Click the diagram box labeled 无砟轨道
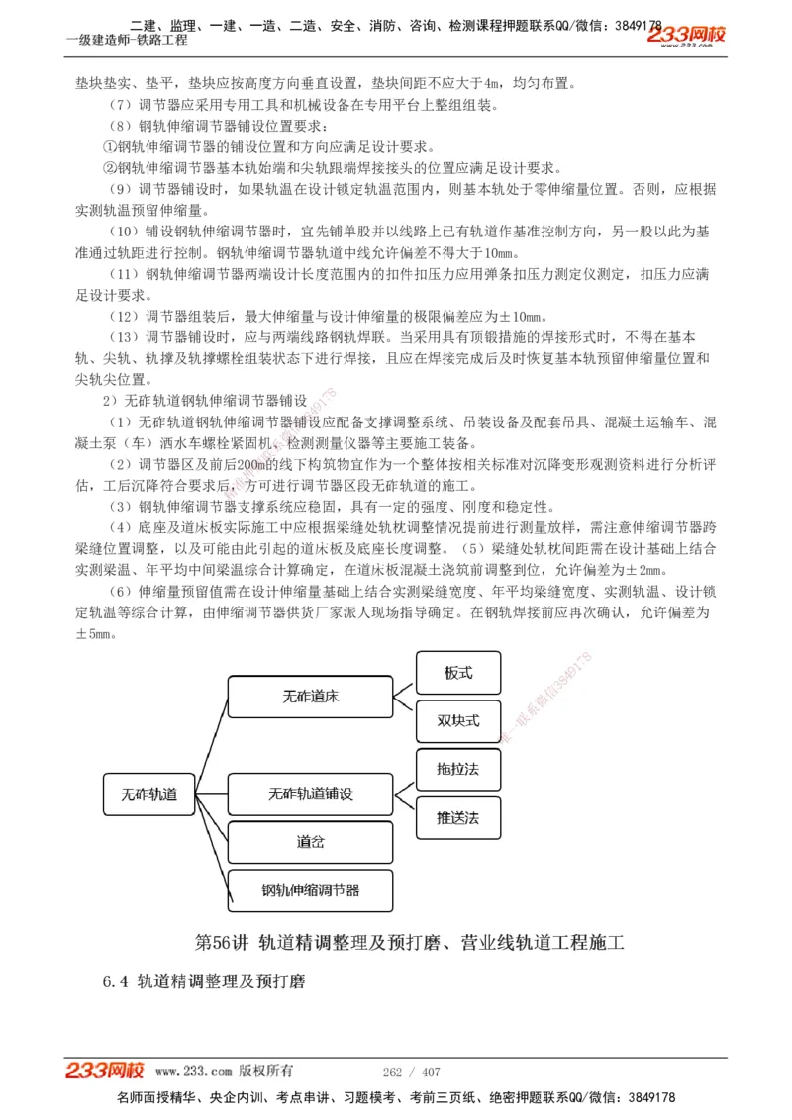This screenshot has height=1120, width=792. point(148,794)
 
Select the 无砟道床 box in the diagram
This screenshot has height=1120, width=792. point(310,697)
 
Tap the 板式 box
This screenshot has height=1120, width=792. point(458,673)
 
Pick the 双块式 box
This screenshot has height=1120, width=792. point(458,720)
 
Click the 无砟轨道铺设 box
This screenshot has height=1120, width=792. point(310,794)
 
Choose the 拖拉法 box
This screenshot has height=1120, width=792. point(458,769)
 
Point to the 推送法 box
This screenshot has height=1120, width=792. point(458,818)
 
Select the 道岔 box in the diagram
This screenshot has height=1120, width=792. point(310,842)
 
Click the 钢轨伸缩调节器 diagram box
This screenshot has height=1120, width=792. point(310,890)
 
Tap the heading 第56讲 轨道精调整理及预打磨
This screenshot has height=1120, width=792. point(410,942)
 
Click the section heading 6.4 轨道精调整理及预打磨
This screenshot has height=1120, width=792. point(204,981)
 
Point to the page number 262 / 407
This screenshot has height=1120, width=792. point(412,1072)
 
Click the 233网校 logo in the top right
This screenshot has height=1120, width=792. point(686,36)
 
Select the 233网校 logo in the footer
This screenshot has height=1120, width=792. point(105,1071)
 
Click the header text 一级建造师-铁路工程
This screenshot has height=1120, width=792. point(126,41)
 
